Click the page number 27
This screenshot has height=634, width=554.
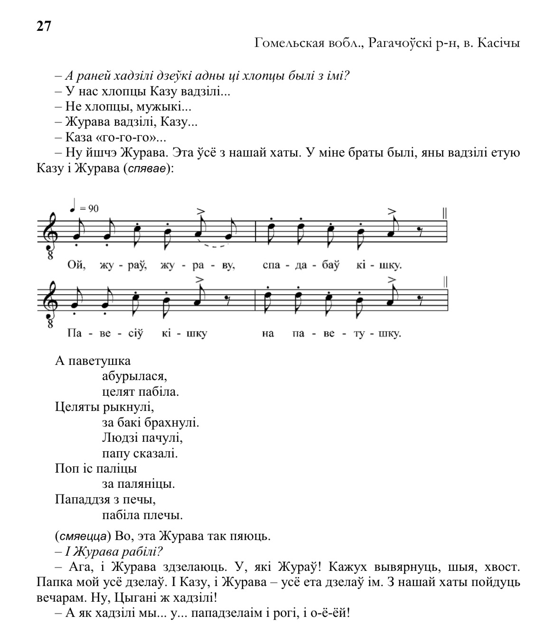pos(44,26)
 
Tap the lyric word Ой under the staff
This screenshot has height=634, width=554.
pos(77,265)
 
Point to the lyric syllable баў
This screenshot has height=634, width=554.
pos(330,265)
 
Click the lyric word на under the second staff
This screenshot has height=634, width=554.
pos(268,334)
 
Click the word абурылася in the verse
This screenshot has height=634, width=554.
pos(134,377)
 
